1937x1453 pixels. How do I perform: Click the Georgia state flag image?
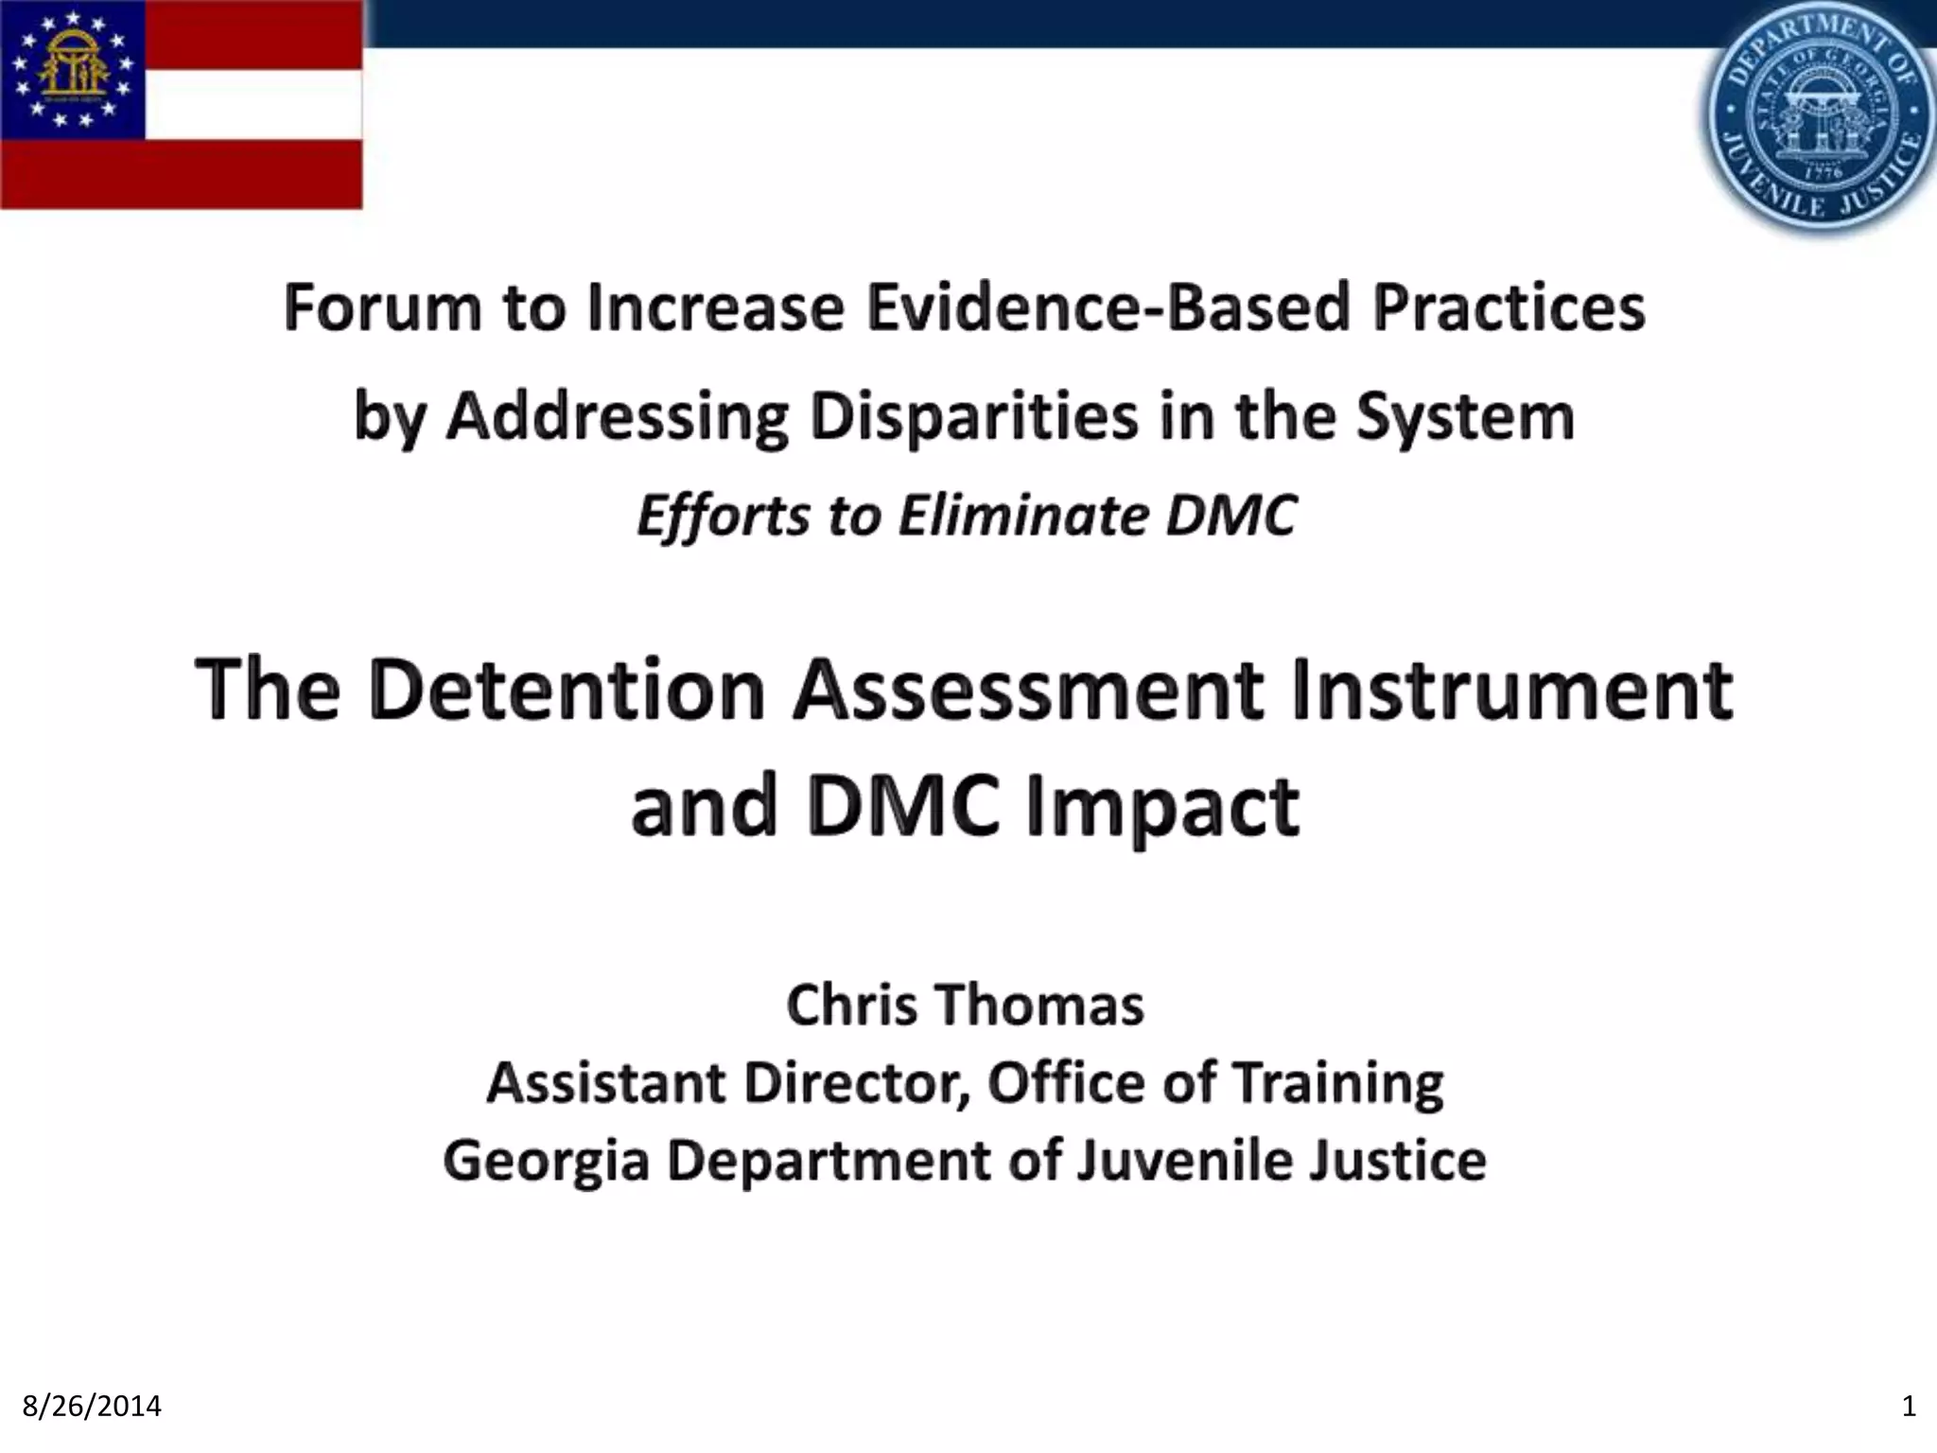181,104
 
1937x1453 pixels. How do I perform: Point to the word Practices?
1509,308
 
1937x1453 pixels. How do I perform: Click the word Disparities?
974,416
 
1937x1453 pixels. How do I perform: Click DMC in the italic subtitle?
1230,516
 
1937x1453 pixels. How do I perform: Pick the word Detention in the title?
567,691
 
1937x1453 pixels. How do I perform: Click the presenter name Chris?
851,1005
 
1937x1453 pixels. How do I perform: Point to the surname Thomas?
1041,1005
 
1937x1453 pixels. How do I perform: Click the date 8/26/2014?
92,1407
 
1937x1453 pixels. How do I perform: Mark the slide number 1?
1908,1407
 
